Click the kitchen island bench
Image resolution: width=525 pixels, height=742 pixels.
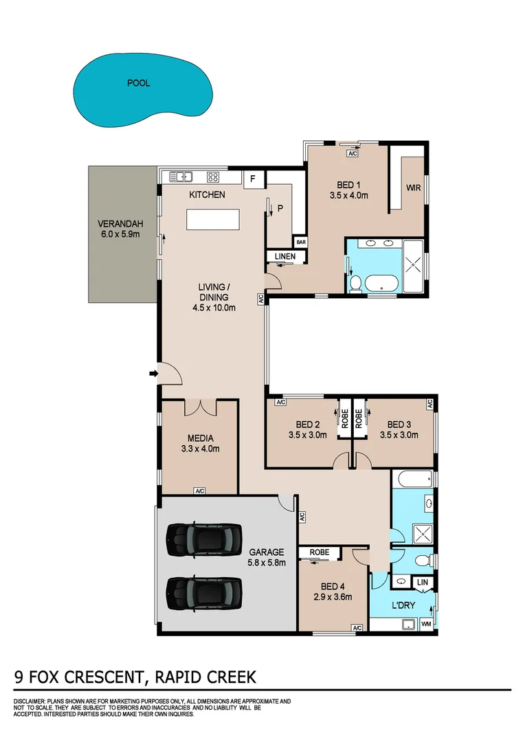(213, 221)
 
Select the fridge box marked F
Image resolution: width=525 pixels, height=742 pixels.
(253, 180)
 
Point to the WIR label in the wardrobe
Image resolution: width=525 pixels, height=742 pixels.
(413, 187)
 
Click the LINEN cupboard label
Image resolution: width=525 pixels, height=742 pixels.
(284, 257)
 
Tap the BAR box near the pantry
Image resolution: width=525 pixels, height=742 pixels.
(300, 242)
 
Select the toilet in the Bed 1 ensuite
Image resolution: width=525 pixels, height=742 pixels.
(355, 283)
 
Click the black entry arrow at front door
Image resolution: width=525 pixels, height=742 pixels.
(153, 374)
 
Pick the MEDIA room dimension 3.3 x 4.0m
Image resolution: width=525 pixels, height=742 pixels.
(200, 449)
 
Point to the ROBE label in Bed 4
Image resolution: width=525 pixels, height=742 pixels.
(320, 552)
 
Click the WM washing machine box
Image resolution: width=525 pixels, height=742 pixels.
(425, 625)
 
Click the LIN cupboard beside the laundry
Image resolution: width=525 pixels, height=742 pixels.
(423, 583)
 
